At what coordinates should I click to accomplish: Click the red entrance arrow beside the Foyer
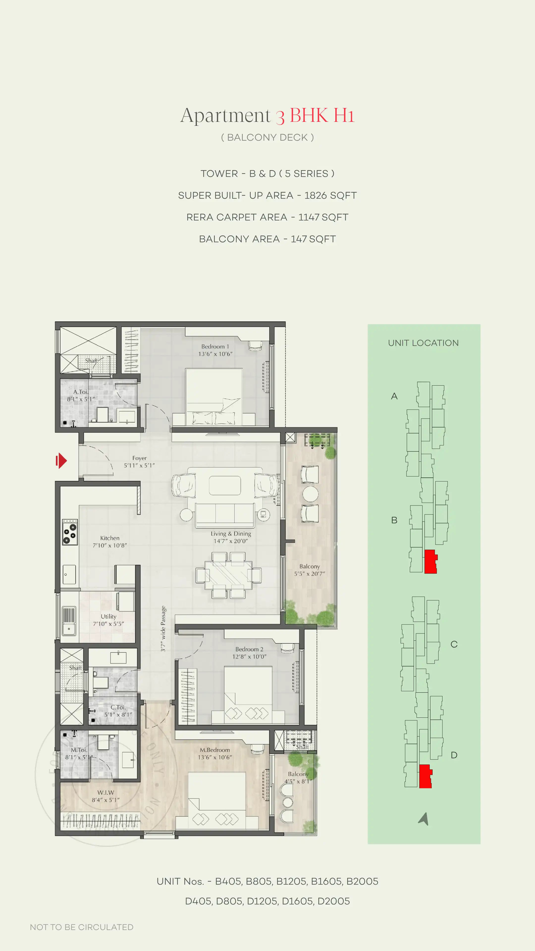pyautogui.click(x=61, y=460)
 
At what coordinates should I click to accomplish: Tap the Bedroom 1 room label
pyautogui.click(x=215, y=346)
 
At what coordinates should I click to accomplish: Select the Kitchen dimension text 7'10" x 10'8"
pyautogui.click(x=110, y=545)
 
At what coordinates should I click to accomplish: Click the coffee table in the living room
pyautogui.click(x=225, y=485)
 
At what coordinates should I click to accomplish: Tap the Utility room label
pyautogui.click(x=108, y=616)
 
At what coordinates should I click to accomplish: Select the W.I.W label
pyautogui.click(x=106, y=792)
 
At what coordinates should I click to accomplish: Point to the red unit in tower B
pyautogui.click(x=430, y=561)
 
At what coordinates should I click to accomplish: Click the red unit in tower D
pyautogui.click(x=425, y=776)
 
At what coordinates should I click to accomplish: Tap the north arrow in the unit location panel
pyautogui.click(x=424, y=819)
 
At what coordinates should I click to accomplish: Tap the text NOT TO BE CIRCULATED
pyautogui.click(x=81, y=927)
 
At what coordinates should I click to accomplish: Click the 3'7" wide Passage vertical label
pyautogui.click(x=163, y=628)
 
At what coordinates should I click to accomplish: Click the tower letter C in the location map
pyautogui.click(x=454, y=644)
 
